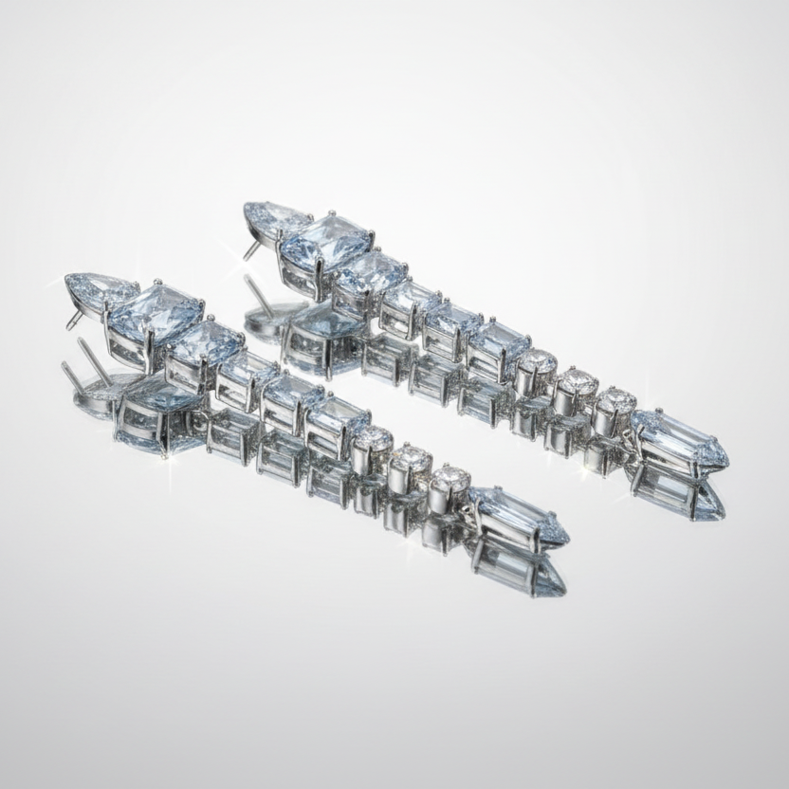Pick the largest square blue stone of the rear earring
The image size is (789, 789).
click(x=325, y=241)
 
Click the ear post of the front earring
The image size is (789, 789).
click(x=76, y=319)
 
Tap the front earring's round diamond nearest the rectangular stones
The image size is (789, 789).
click(x=373, y=437)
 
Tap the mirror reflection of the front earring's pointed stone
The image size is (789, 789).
click(x=520, y=566)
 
